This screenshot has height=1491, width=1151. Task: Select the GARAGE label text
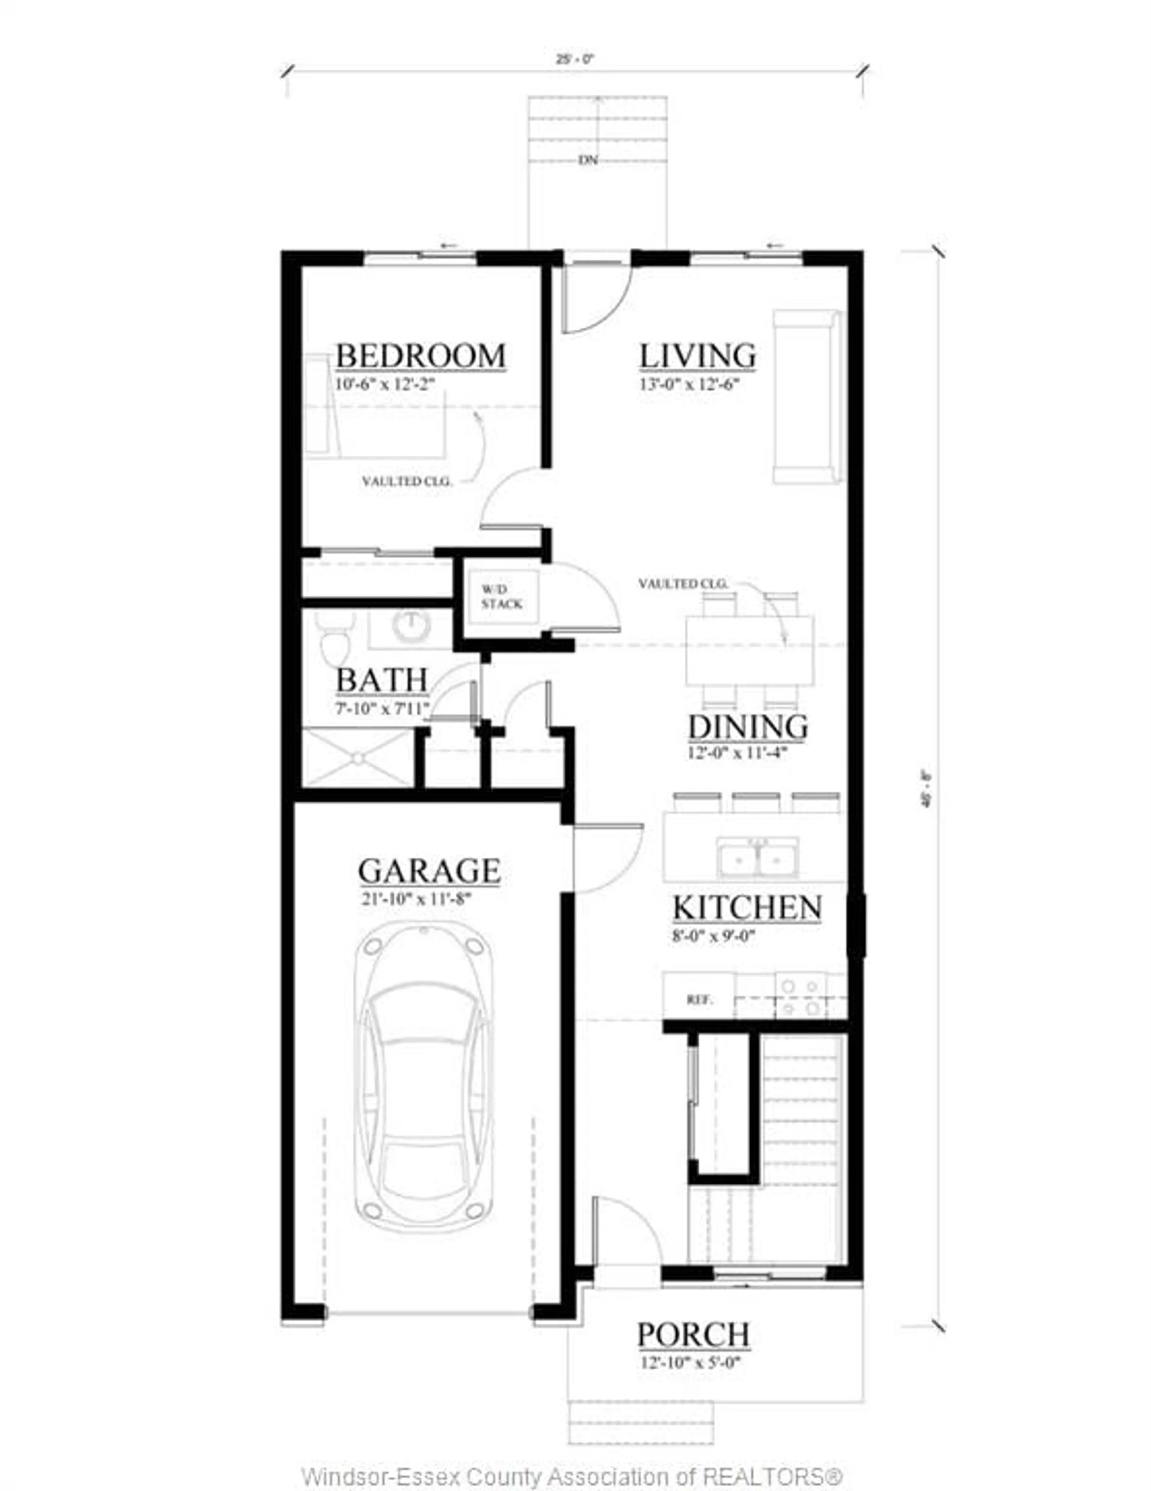pos(430,871)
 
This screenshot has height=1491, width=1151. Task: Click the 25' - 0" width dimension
pos(575,59)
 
